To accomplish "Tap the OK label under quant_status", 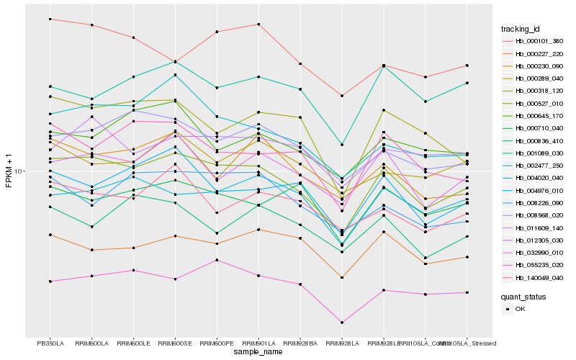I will click(520, 309).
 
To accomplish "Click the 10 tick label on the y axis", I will click(19, 171).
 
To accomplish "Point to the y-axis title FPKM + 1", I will click(9, 171).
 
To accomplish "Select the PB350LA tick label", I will click(50, 343).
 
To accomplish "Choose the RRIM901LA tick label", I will click(258, 343).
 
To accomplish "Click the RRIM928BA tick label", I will click(300, 343).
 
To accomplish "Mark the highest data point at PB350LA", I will click(50, 19).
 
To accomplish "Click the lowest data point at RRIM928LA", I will click(342, 323).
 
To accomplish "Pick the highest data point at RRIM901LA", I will click(258, 24).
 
